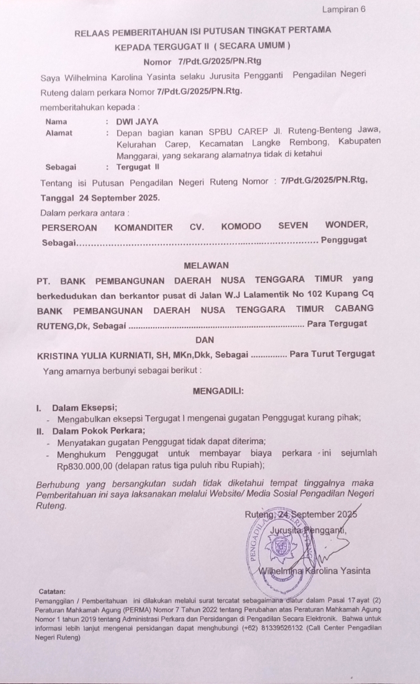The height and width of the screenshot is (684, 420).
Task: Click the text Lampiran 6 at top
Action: click(344, 9)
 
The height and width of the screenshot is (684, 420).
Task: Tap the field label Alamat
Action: click(59, 133)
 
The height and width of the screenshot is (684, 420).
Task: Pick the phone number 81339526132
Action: click(292, 627)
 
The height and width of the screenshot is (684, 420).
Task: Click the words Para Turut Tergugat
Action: click(332, 354)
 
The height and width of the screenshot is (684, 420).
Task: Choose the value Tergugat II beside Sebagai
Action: click(138, 165)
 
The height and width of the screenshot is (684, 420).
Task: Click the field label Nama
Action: click(56, 122)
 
